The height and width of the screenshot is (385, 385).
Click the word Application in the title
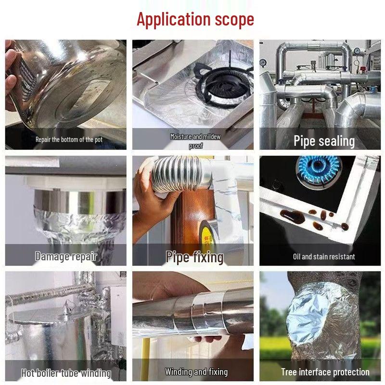pos(174,20)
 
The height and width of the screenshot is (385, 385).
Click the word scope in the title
pos(234,20)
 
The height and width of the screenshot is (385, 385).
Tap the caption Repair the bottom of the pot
pos(69,140)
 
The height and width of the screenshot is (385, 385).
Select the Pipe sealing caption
pos(324,141)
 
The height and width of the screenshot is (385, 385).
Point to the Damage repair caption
pos(66,257)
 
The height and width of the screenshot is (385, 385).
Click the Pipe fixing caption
pos(194,257)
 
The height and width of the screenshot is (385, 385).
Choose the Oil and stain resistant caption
pos(324,257)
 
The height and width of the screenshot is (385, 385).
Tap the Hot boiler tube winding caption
pos(66,373)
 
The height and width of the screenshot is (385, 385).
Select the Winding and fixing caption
pos(196,372)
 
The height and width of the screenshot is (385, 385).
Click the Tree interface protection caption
pos(325,372)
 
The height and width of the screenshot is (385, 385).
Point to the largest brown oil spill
pos(292,216)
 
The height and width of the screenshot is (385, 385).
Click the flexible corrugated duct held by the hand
pos(177,174)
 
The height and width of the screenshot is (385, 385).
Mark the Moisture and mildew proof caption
pos(196,141)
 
